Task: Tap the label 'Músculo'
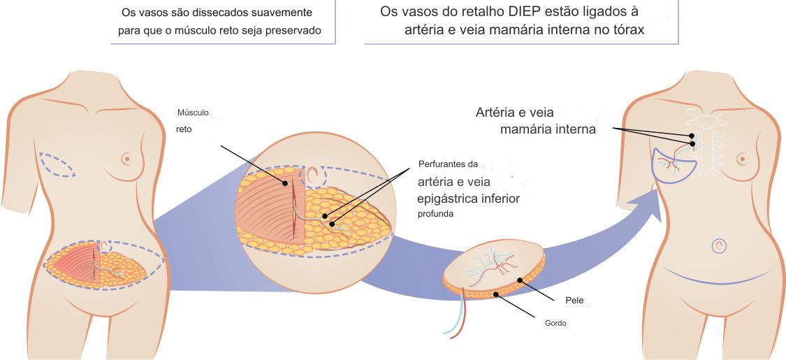193,113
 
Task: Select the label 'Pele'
574,301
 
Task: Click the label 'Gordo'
555,324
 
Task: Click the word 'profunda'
436,215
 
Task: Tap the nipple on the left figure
126,158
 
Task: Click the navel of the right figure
720,245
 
